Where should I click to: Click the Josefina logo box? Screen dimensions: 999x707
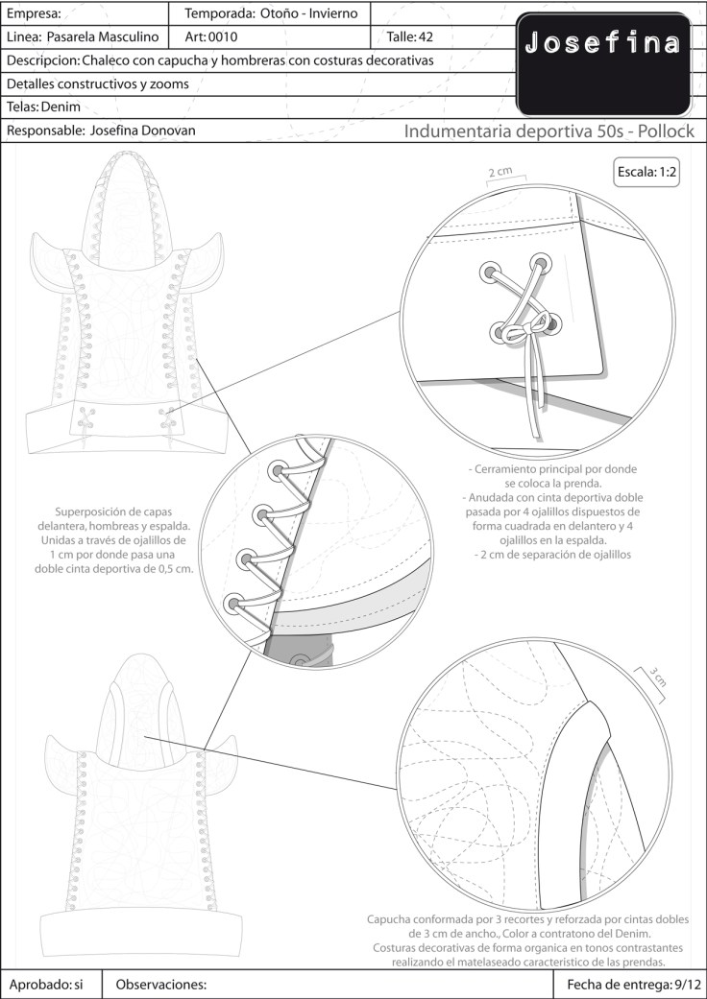point(603,63)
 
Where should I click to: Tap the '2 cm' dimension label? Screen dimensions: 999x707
point(500,173)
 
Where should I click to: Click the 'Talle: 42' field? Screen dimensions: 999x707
point(409,37)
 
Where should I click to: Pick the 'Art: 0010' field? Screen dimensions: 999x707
point(210,37)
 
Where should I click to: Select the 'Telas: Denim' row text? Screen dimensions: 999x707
point(43,107)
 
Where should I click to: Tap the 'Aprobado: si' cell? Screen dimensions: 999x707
point(47,985)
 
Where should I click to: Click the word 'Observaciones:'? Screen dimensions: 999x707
point(161,985)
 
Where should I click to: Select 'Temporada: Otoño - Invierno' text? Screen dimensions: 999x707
point(271,13)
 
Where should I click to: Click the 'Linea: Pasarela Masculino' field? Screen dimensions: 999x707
point(85,37)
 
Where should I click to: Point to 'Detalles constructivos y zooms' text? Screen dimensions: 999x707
point(97,83)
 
